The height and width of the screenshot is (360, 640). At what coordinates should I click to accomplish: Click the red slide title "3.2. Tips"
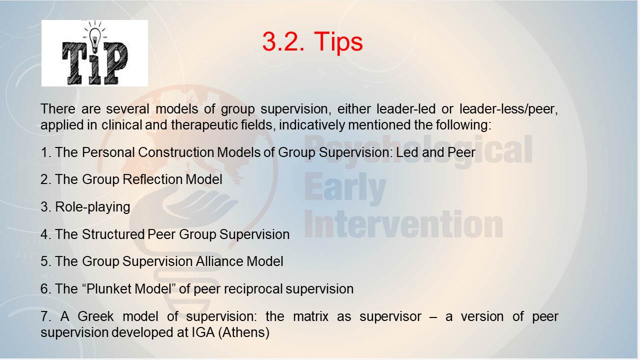[x=312, y=41]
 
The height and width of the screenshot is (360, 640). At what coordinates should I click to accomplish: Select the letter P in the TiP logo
[x=115, y=63]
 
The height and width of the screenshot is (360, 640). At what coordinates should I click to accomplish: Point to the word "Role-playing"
[x=92, y=207]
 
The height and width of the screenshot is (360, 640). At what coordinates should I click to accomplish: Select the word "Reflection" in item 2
[x=152, y=179]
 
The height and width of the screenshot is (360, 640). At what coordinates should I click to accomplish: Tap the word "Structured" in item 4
[x=113, y=234]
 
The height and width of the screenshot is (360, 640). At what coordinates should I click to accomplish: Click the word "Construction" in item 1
[x=176, y=152]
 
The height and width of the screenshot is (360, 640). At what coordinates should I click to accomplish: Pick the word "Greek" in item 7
[x=95, y=316]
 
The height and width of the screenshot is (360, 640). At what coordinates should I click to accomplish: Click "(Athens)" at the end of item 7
[x=243, y=332]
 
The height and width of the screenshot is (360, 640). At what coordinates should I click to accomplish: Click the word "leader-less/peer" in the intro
[x=508, y=109]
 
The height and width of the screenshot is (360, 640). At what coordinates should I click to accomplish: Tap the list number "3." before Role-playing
[x=46, y=207]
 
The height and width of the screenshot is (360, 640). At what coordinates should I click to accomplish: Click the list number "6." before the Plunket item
[x=46, y=289]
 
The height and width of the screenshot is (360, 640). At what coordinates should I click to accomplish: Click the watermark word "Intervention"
[x=403, y=224]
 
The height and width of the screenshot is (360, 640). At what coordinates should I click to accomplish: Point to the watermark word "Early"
[x=345, y=189]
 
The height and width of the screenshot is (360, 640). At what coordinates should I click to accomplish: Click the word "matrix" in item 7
[x=310, y=316]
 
